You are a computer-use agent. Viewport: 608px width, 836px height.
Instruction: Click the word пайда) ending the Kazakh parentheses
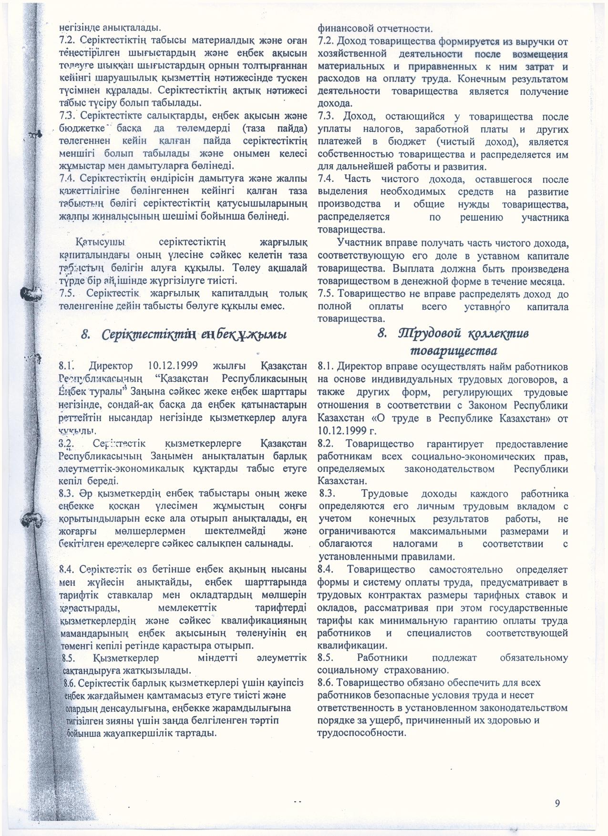click(290, 129)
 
